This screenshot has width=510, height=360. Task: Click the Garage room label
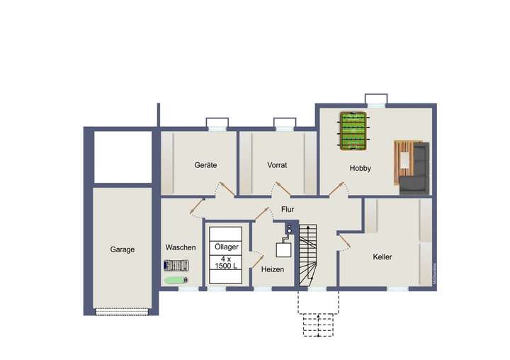(122, 249)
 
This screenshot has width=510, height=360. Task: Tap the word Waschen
(181, 247)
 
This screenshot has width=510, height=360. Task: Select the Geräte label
(205, 165)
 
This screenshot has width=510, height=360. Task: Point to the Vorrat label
(277, 165)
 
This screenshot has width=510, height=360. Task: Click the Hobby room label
(360, 169)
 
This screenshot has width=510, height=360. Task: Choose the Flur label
(287, 209)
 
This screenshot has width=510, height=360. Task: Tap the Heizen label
(273, 270)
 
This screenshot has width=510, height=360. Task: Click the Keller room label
(382, 257)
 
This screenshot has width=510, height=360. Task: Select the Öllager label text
(226, 247)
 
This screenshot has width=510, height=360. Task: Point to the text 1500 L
(226, 265)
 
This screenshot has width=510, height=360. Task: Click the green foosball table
(353, 131)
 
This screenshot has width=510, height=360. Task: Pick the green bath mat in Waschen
(174, 280)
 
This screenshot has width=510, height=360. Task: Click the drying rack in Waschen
(176, 266)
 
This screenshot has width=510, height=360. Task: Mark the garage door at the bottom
(122, 310)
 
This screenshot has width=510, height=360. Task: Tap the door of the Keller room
(344, 242)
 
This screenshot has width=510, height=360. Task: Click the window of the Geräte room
(217, 125)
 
